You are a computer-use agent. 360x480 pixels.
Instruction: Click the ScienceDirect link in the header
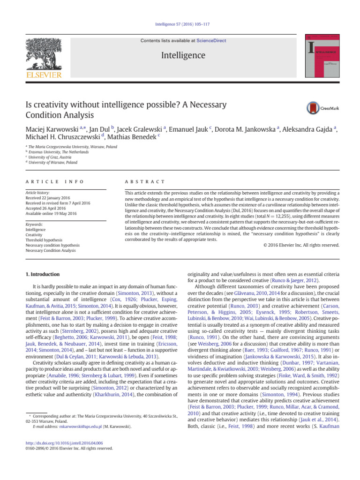tap(211, 41)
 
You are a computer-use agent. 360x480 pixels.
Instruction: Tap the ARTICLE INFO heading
tap(52, 181)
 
